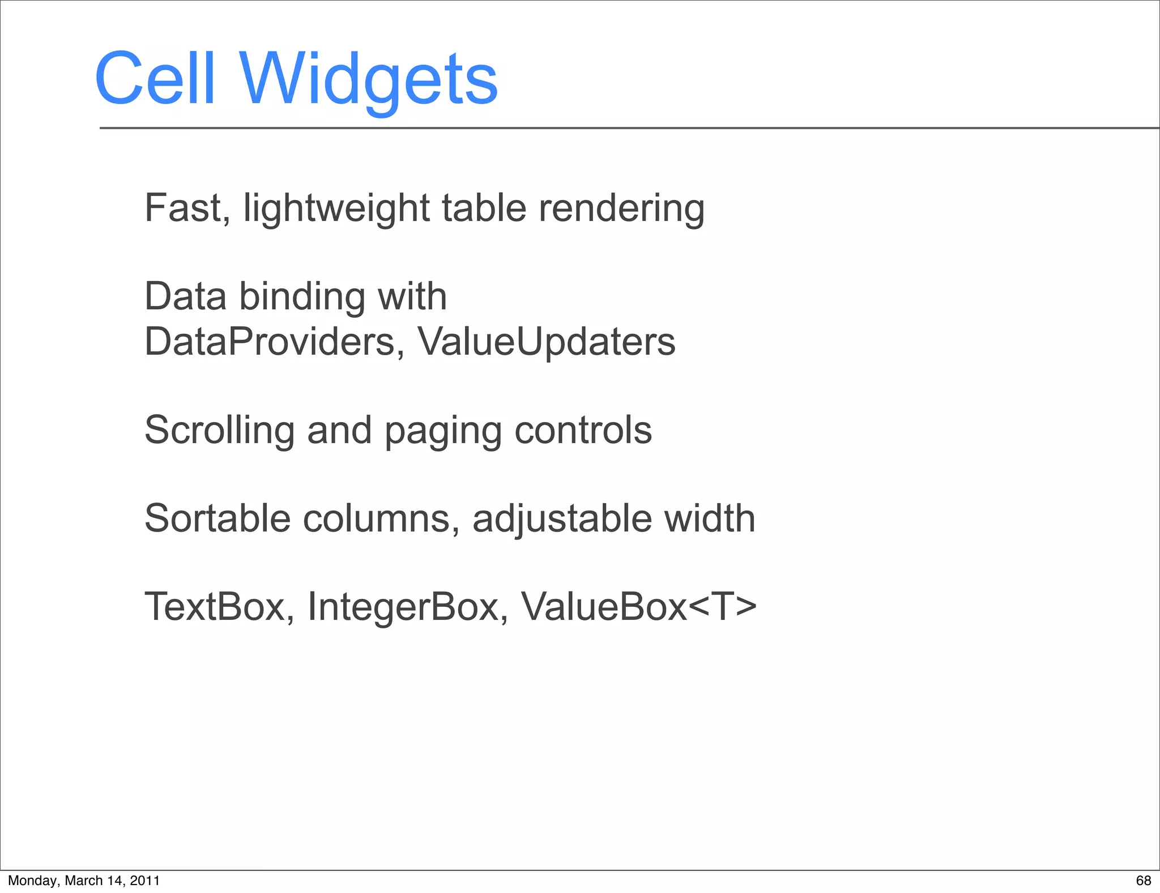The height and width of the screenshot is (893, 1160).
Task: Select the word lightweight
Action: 336,209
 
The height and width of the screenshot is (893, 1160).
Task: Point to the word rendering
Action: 621,209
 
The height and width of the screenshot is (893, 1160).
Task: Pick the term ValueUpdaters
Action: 547,342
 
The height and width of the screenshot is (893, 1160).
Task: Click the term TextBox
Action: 215,607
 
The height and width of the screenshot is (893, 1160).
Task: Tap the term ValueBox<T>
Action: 638,607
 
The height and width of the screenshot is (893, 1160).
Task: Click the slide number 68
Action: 1144,881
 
